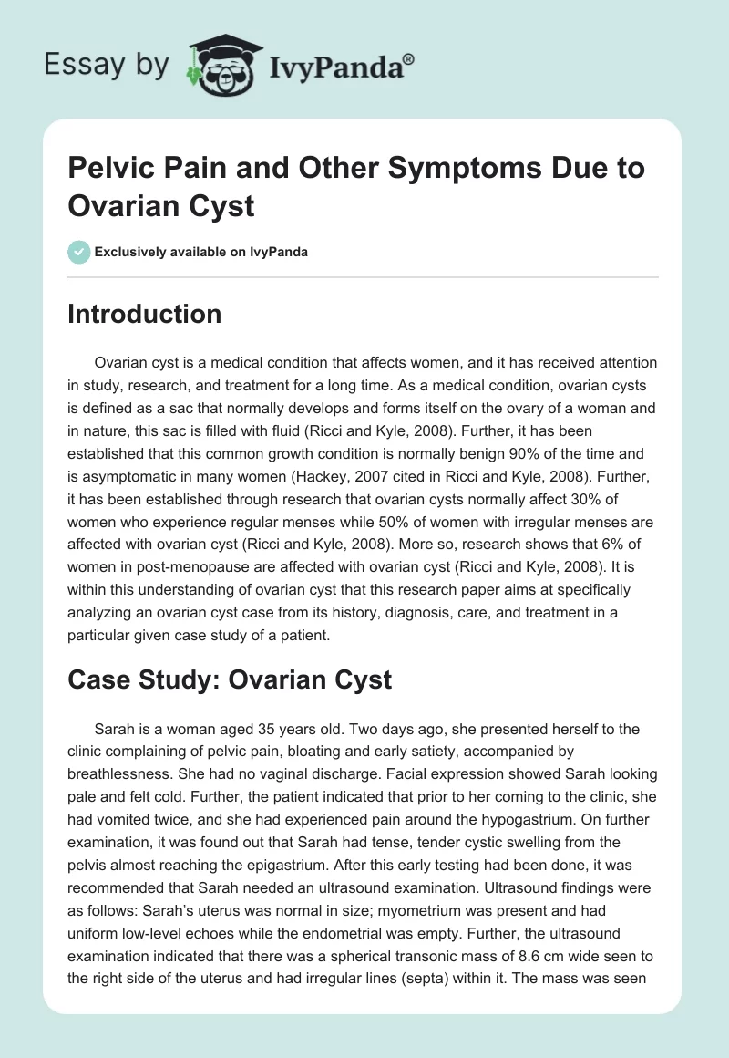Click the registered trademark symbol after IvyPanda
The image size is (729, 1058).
(409, 60)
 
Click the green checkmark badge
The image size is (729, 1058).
(78, 252)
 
